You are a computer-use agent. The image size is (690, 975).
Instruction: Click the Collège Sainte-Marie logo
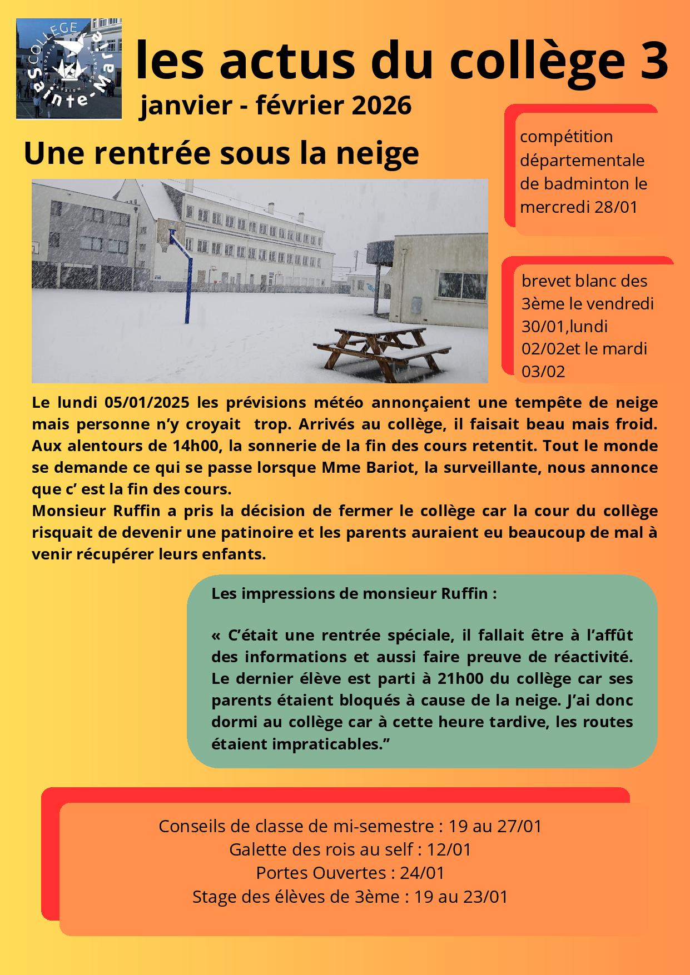pyautogui.click(x=69, y=68)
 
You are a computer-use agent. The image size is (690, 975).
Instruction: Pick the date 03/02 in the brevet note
pyautogui.click(x=543, y=371)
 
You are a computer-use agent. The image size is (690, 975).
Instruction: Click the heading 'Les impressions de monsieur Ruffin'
pyautogui.click(x=354, y=593)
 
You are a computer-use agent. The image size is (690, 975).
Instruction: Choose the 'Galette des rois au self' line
pyautogui.click(x=350, y=849)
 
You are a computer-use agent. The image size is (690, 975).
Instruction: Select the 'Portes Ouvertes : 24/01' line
pyautogui.click(x=350, y=873)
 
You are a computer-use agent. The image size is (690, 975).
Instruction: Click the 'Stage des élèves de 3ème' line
pyautogui.click(x=350, y=897)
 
